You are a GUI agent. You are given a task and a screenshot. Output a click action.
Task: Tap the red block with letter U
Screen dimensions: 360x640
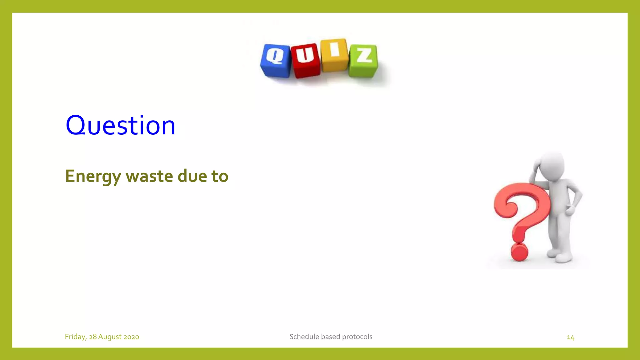tap(305, 60)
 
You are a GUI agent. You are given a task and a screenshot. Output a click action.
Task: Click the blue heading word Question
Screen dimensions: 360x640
tap(120, 125)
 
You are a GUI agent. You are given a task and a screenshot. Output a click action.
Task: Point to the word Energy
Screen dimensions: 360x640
tap(93, 176)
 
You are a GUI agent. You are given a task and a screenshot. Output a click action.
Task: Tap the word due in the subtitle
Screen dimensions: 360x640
tap(192, 176)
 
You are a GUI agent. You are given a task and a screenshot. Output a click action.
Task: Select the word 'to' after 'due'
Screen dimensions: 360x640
tap(220, 176)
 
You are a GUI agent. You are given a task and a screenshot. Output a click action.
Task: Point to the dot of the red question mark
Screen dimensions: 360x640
tap(519, 252)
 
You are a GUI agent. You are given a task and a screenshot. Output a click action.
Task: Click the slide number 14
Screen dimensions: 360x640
tap(570, 337)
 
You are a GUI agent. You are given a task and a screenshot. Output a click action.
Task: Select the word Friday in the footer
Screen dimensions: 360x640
tap(75, 337)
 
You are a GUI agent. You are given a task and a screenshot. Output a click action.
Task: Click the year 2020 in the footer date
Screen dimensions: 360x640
tap(131, 337)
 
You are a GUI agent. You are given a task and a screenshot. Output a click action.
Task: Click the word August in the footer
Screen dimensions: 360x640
tap(110, 337)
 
